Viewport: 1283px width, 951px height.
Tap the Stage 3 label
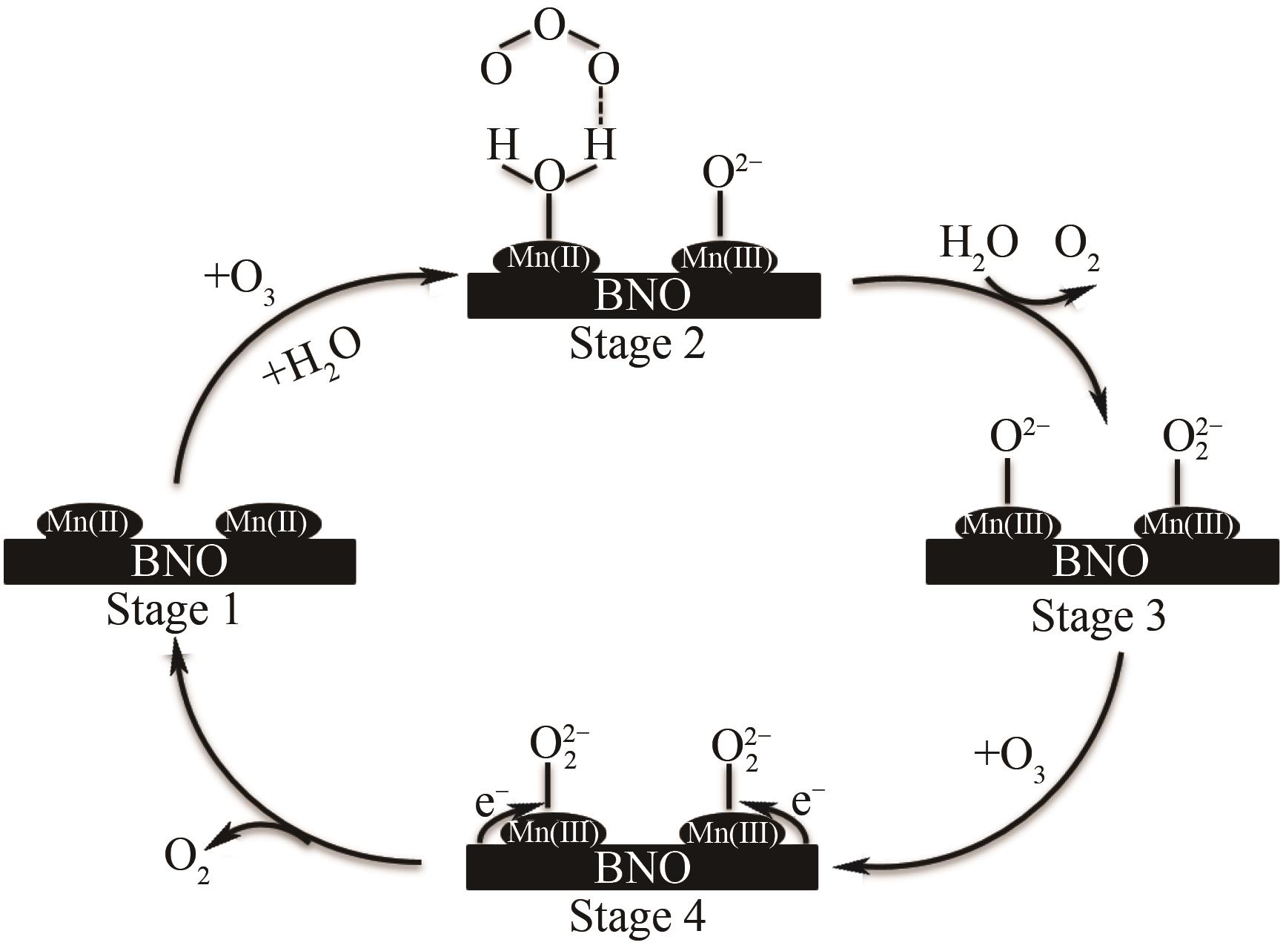[1098, 616]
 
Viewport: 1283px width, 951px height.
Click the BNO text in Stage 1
[179, 562]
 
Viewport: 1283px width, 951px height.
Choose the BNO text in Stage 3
[1100, 561]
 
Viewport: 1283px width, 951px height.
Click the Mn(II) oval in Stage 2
[547, 259]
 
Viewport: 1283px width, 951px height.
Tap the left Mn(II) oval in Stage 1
[88, 523]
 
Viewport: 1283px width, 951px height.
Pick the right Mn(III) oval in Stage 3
[1187, 525]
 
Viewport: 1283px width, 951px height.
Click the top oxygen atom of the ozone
[548, 27]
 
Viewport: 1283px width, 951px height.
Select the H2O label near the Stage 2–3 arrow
[978, 244]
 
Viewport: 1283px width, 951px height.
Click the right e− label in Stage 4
[807, 802]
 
